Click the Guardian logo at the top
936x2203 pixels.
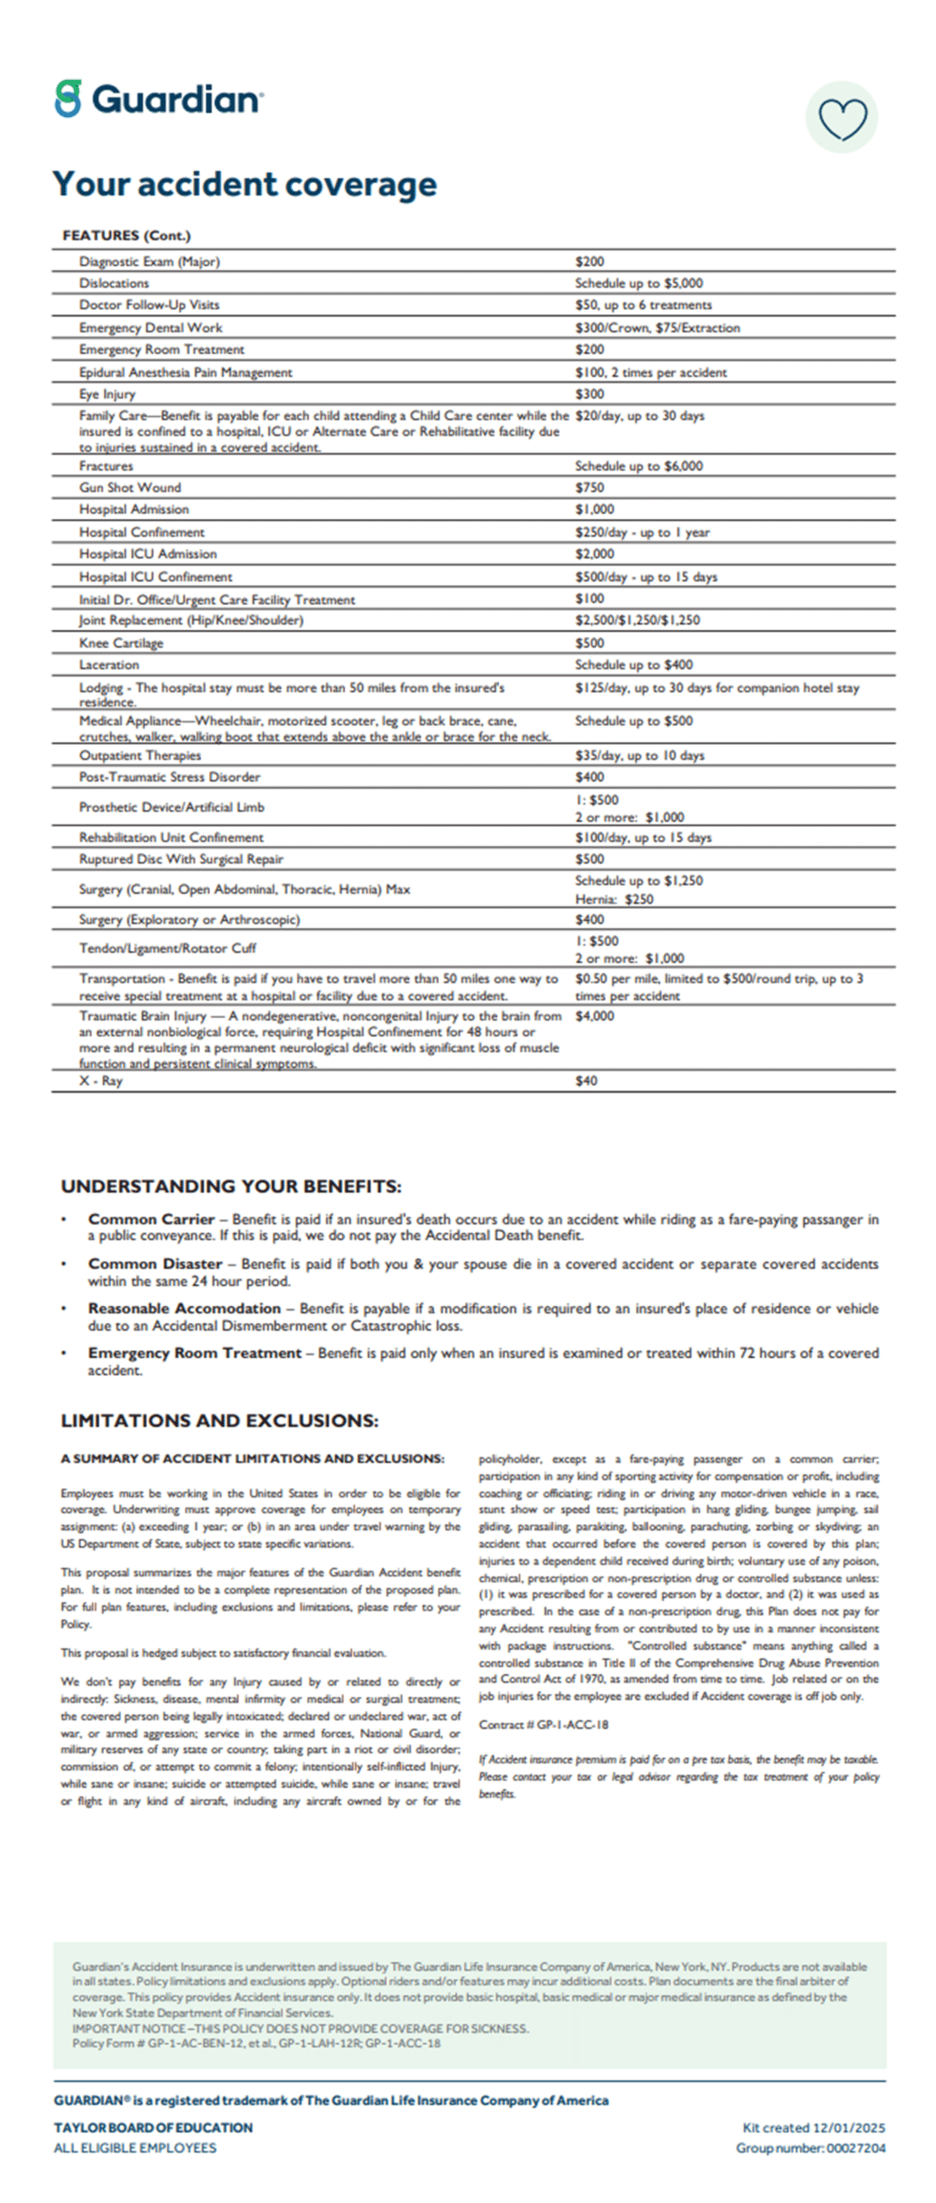click(x=159, y=99)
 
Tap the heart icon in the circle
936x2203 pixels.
click(x=842, y=118)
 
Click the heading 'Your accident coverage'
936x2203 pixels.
click(x=244, y=184)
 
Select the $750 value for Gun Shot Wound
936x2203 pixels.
click(x=589, y=487)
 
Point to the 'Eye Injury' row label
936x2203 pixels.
click(x=108, y=394)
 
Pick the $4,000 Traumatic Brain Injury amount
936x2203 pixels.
click(x=594, y=1015)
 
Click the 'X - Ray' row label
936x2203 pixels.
click(x=101, y=1081)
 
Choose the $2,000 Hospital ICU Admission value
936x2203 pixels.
click(x=594, y=554)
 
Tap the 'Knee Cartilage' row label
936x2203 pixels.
click(x=120, y=643)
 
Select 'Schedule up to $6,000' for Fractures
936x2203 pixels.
click(x=638, y=466)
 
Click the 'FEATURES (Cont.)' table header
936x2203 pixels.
click(x=126, y=235)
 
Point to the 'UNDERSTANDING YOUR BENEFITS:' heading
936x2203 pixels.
click(x=231, y=1186)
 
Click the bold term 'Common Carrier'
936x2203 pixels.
click(x=151, y=1219)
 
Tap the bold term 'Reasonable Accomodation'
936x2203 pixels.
click(x=184, y=1308)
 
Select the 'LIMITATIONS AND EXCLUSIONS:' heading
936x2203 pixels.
click(x=219, y=1420)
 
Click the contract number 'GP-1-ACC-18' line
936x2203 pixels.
click(x=543, y=1725)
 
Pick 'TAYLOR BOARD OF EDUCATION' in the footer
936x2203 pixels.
click(x=153, y=2127)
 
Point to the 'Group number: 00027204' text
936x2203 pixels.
click(x=810, y=2148)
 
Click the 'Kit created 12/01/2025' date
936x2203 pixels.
click(x=813, y=2127)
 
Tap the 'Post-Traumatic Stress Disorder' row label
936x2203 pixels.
click(x=169, y=777)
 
